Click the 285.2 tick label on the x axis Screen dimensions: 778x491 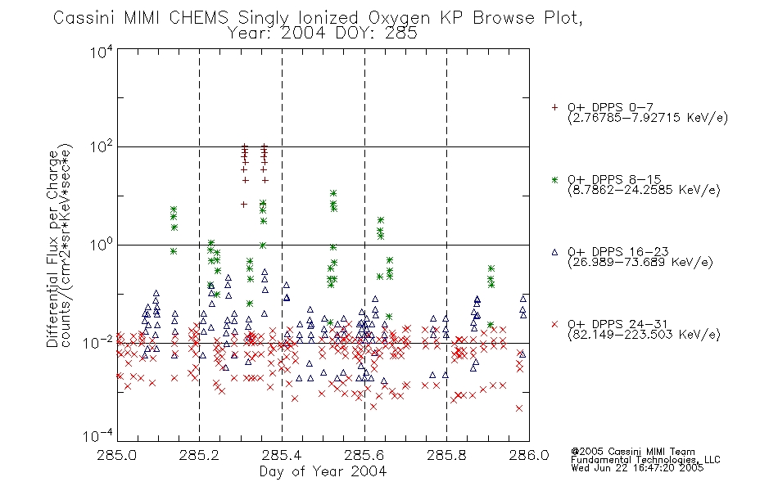(x=200, y=455)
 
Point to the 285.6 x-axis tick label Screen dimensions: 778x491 (x=364, y=455)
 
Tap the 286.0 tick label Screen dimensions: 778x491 (x=529, y=455)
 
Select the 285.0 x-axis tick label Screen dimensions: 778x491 (x=117, y=455)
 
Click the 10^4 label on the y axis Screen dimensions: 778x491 (x=102, y=52)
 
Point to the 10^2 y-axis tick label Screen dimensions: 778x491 (x=102, y=147)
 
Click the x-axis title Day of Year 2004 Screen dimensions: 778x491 (x=323, y=471)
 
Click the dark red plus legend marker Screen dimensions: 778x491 (x=554, y=107)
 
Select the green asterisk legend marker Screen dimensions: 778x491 (x=554, y=180)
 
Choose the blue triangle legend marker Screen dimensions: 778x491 (x=554, y=252)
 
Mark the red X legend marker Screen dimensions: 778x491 (x=554, y=324)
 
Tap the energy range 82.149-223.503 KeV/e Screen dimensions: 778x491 (x=644, y=335)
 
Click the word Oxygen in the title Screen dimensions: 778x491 (x=400, y=18)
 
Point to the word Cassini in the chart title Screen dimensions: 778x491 (x=85, y=18)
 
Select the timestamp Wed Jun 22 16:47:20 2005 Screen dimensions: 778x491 (x=637, y=468)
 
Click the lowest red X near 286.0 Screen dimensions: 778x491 (x=519, y=408)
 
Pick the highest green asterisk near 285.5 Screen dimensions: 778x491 (x=333, y=193)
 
